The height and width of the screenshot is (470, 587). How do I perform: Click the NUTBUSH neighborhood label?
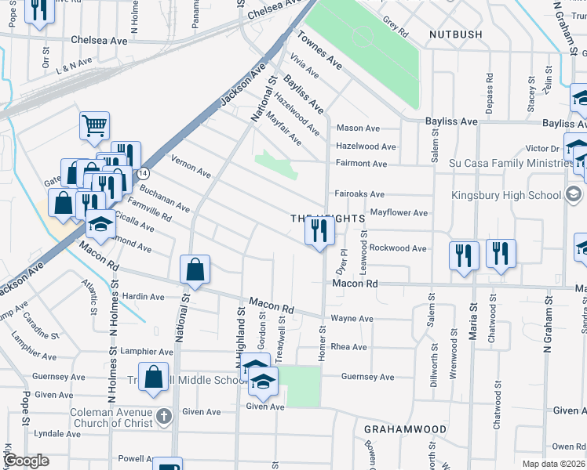(x=459, y=34)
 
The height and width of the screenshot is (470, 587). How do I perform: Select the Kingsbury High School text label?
(x=507, y=194)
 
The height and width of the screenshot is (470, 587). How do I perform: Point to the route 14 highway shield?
(x=142, y=172)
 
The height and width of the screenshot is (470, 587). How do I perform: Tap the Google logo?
(x=27, y=461)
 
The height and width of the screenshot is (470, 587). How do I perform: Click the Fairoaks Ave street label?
(x=359, y=193)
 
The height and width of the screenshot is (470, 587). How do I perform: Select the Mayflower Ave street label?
(x=398, y=212)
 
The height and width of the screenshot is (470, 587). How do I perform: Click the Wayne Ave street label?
(x=352, y=319)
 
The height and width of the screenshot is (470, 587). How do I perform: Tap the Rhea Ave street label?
(x=349, y=347)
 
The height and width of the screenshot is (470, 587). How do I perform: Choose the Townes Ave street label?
(x=319, y=49)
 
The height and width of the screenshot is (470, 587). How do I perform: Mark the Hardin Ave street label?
(x=144, y=297)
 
